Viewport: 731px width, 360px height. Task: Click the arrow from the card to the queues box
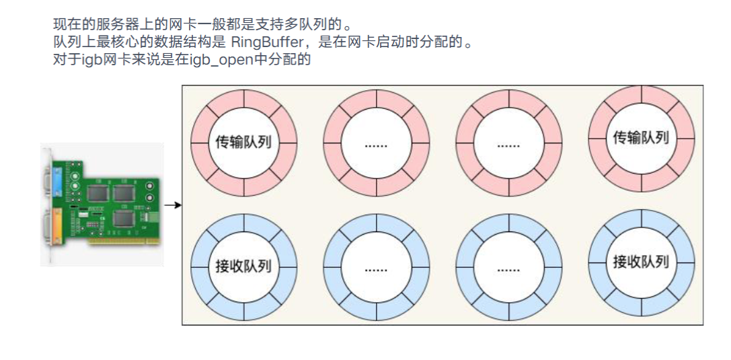pyautogui.click(x=173, y=205)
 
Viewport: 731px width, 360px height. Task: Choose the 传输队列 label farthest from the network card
pyautogui.click(x=641, y=138)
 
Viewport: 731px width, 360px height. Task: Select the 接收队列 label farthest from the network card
pyautogui.click(x=641, y=262)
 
